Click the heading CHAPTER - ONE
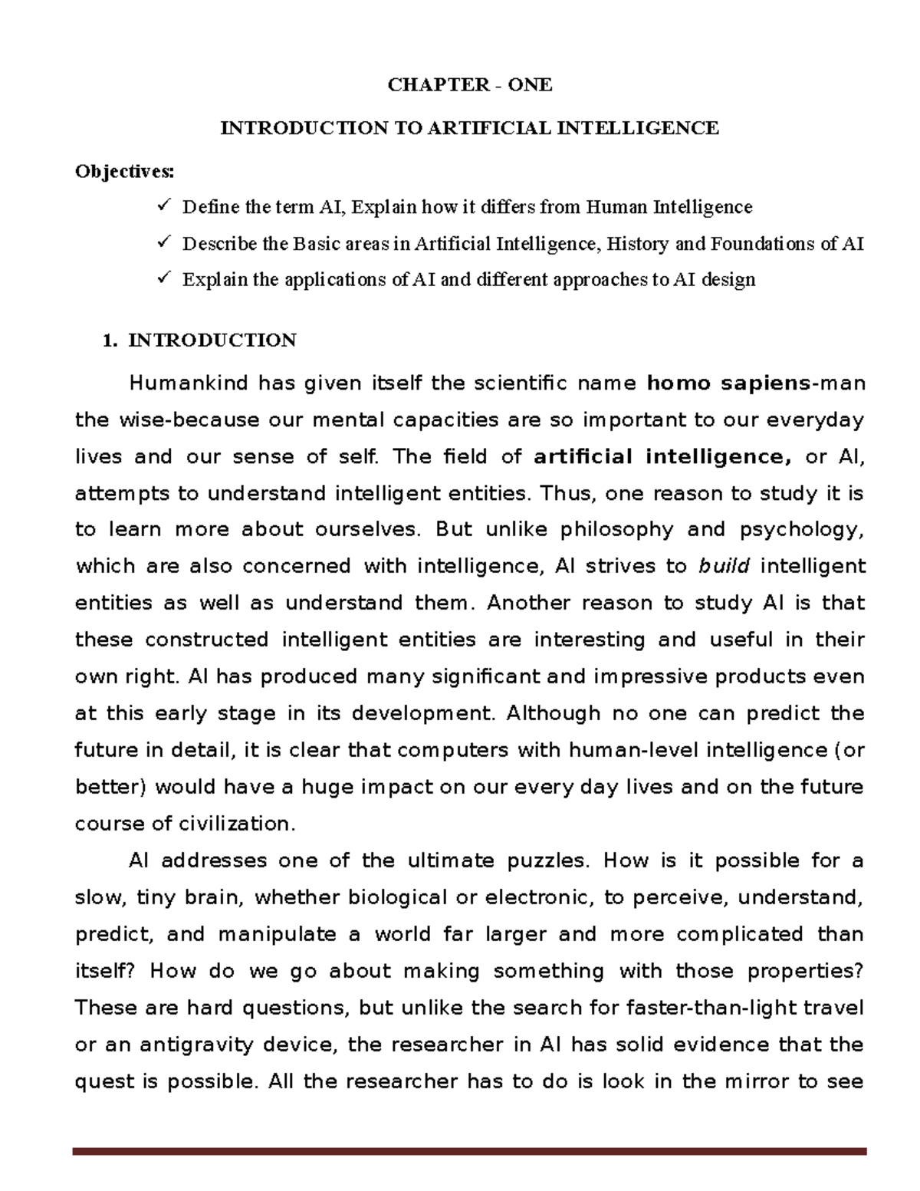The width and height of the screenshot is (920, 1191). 469,84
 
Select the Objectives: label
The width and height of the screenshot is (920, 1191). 124,171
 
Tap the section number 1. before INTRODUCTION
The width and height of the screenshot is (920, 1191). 110,340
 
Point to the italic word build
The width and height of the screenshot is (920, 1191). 724,567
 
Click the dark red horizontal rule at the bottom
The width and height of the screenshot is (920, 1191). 469,1151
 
